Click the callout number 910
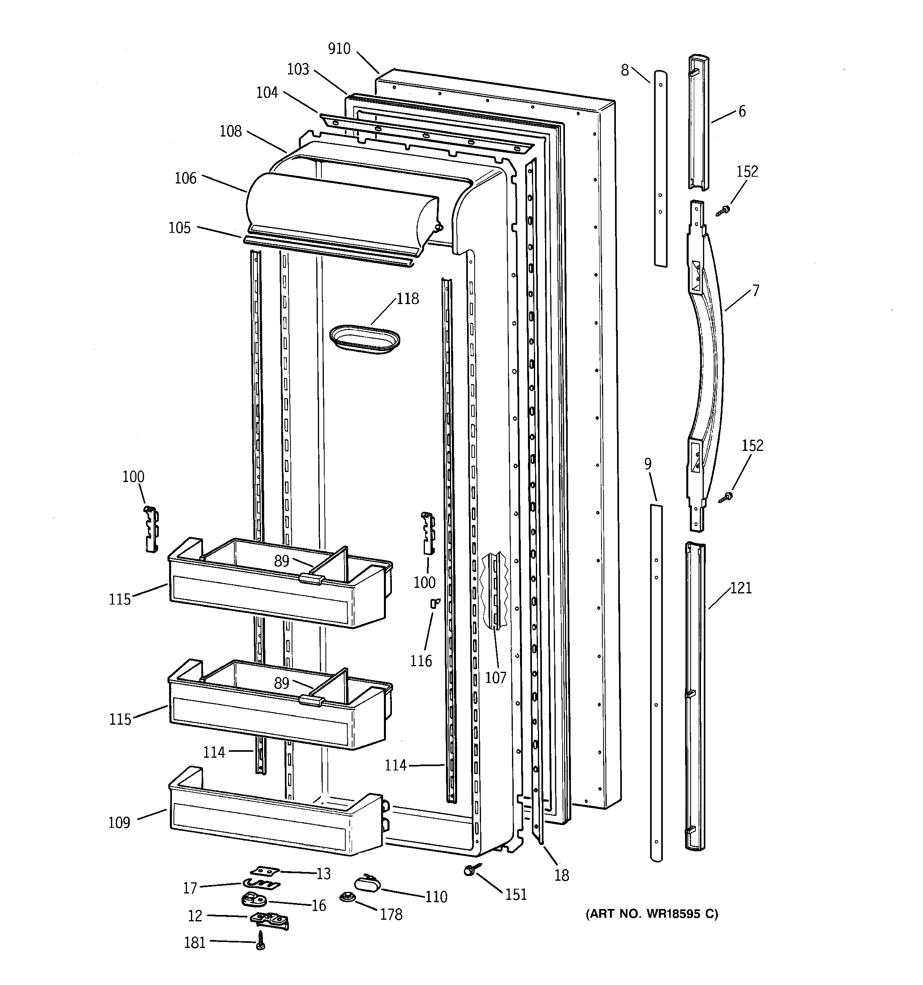(x=339, y=49)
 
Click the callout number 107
(x=495, y=677)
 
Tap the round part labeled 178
(x=346, y=897)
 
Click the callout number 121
(x=741, y=588)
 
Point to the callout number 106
(x=185, y=178)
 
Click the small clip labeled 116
(x=434, y=603)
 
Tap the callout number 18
(x=561, y=876)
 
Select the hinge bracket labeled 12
(x=270, y=920)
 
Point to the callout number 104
(x=267, y=92)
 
